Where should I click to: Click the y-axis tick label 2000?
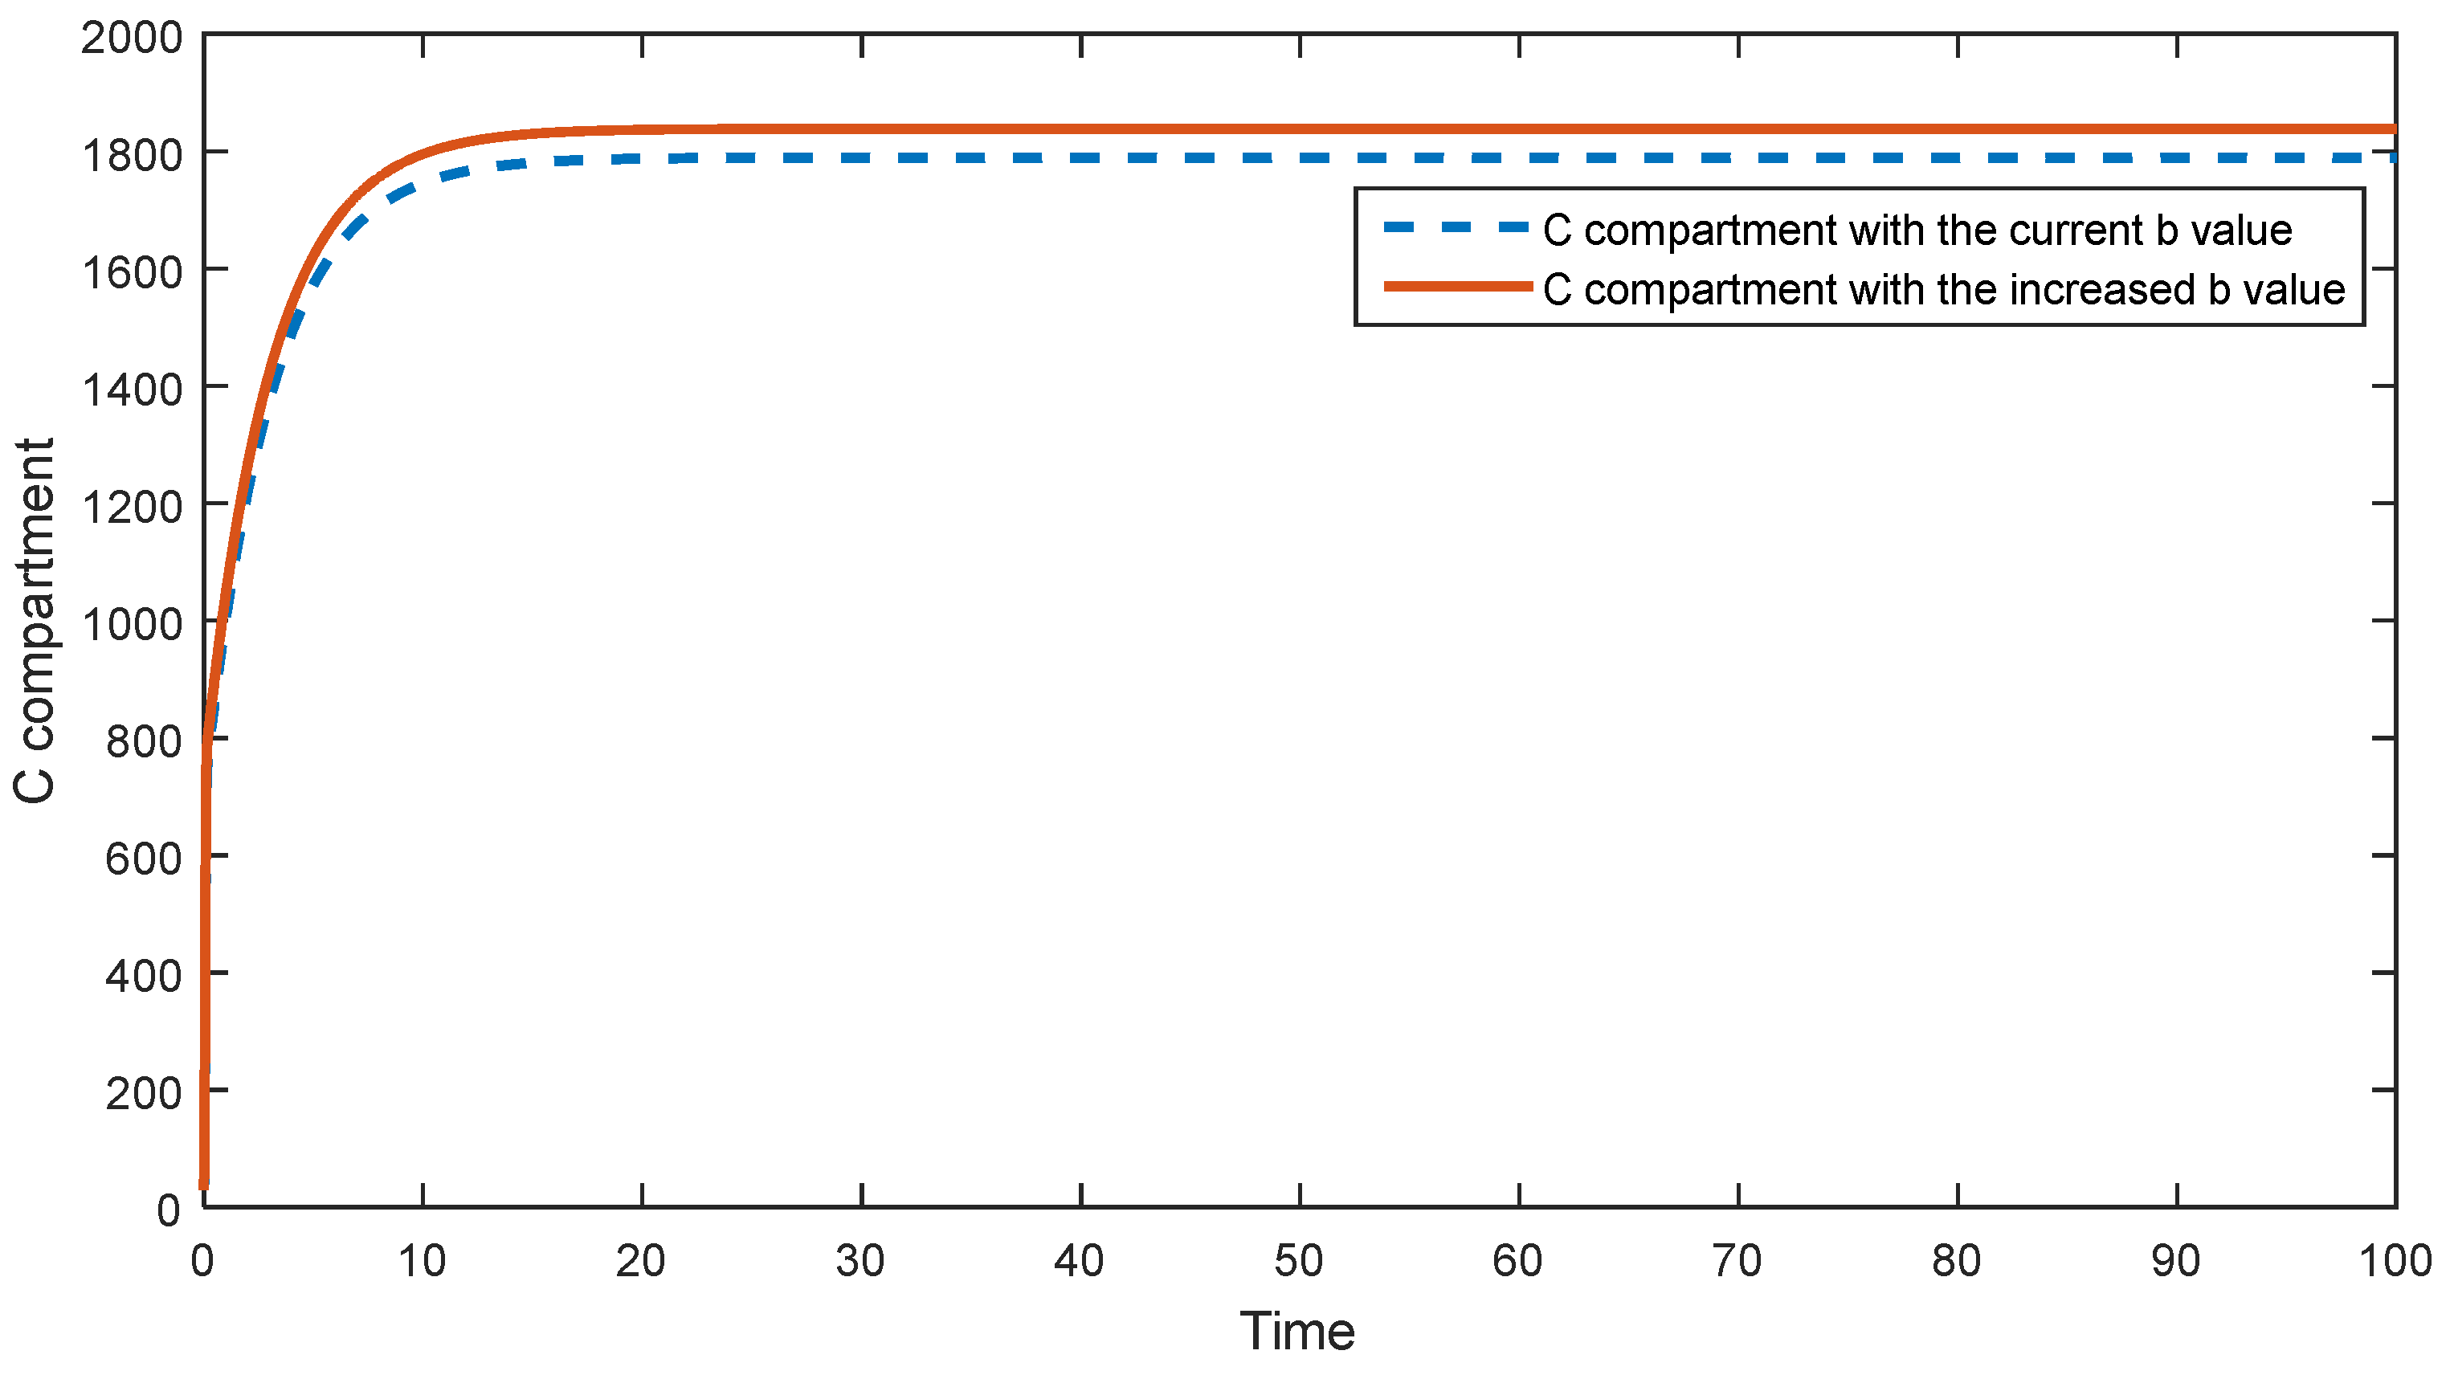[131, 39]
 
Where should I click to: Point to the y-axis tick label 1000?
[131, 626]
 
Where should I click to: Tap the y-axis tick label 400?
[143, 977]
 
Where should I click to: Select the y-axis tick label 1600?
[131, 274]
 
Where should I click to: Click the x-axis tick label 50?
[1299, 1262]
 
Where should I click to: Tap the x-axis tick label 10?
[422, 1262]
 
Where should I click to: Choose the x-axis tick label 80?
[1957, 1262]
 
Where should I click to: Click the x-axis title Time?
[1297, 1332]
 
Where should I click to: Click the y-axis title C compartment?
[35, 621]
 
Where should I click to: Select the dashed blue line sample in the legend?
[1456, 227]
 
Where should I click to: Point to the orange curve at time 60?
[1519, 129]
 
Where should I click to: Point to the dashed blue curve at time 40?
[1080, 158]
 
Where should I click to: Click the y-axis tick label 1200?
[131, 508]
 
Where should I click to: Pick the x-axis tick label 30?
[860, 1262]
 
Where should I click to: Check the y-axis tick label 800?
[143, 741]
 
